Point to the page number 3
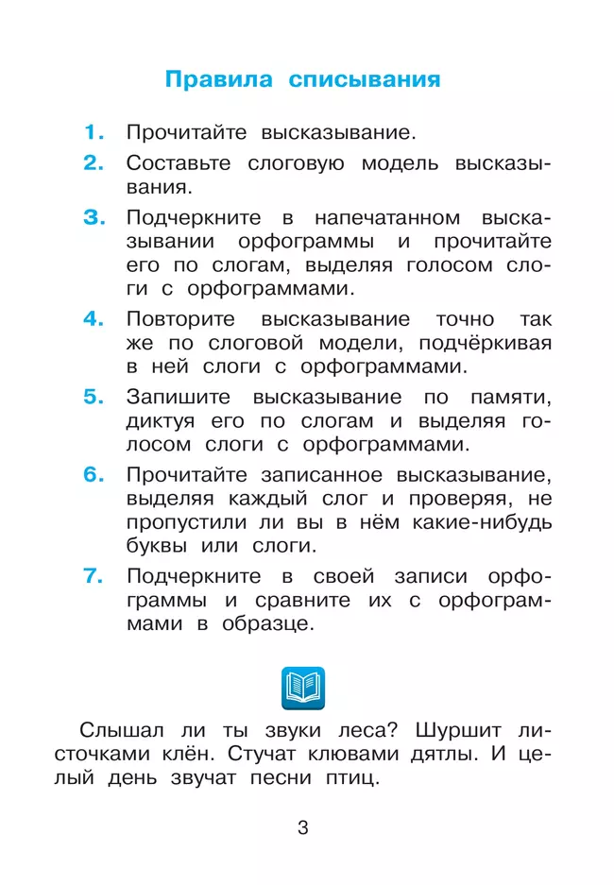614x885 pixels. coord(303,828)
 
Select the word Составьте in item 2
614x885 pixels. coord(179,163)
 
